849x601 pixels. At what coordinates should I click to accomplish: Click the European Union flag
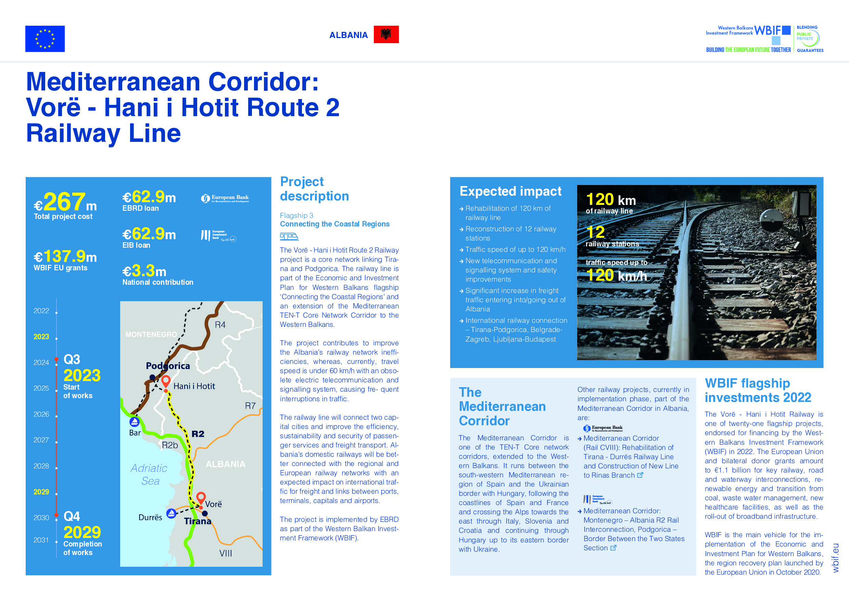(45, 38)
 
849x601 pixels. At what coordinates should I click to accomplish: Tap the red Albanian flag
(386, 34)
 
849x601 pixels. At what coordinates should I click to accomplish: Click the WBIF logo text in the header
(768, 30)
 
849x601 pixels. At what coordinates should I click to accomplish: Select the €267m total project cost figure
(65, 202)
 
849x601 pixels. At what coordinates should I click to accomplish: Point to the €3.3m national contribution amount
(144, 271)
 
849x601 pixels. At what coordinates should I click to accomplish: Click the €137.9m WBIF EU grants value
(65, 256)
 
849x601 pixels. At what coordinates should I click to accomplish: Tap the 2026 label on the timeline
(41, 414)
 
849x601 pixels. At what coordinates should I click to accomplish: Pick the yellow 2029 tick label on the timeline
(41, 492)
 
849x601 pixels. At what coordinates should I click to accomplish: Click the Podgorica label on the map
(167, 366)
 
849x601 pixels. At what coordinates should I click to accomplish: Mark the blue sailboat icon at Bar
(135, 421)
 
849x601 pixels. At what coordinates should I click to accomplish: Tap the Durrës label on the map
(150, 517)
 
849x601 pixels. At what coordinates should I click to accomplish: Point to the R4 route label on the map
(220, 324)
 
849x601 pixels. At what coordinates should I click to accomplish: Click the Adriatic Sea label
(149, 475)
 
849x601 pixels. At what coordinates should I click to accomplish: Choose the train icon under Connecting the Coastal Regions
(289, 236)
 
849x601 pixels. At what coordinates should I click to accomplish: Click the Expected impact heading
(510, 191)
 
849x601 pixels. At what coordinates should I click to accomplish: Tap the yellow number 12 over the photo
(595, 232)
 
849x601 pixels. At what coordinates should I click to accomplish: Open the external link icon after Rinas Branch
(640, 475)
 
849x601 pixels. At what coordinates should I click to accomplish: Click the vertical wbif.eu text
(835, 558)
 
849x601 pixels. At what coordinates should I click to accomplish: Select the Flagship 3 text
(296, 216)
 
